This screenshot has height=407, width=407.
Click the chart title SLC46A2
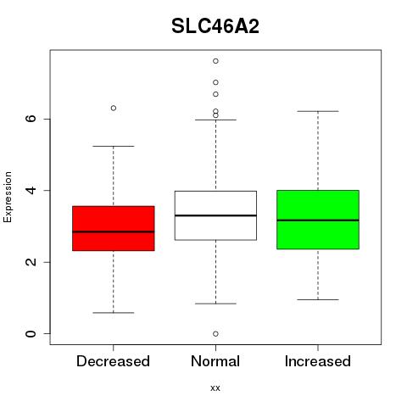215,26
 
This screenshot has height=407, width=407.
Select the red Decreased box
114,228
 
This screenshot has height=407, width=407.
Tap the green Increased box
318,220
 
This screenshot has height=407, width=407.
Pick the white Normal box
215,215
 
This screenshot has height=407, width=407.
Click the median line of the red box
114,231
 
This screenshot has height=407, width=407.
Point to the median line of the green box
318,220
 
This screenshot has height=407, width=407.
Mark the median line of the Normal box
215,215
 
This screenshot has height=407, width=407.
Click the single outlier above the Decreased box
114,108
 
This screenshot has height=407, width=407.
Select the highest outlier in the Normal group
215,61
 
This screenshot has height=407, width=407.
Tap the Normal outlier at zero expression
215,334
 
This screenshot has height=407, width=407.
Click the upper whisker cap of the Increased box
318,111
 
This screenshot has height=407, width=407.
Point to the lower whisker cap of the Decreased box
114,313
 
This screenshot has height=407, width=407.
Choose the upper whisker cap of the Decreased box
114,146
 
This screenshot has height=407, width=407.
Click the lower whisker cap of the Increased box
318,299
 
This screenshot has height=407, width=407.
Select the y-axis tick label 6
31,119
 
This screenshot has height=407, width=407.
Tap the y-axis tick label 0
31,333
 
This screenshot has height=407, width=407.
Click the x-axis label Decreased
113,361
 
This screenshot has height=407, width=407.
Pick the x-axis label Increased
318,361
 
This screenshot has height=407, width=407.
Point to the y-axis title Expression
8,197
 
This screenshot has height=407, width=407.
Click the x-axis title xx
215,387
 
